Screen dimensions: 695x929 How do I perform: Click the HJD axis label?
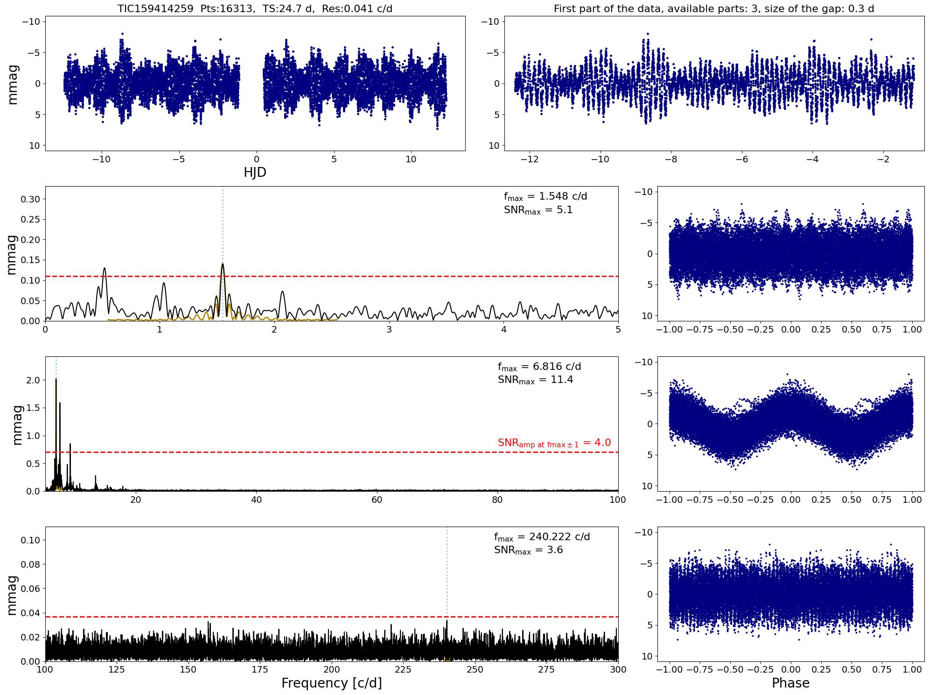coord(255,173)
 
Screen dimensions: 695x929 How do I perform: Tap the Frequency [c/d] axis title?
coord(331,683)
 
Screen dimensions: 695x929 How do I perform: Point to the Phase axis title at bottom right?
coord(790,683)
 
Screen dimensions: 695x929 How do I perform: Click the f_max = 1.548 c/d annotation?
coord(545,196)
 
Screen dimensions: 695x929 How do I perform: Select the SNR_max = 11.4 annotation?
coord(535,380)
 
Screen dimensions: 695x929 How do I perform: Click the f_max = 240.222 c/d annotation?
coord(542,537)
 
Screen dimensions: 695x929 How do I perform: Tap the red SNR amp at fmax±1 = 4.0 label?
coord(554,443)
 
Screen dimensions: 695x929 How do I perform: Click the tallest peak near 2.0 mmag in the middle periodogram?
coord(56,379)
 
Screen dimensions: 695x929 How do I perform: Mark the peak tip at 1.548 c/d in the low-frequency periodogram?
coord(223,264)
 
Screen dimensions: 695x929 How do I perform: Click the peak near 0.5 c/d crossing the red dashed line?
coord(105,268)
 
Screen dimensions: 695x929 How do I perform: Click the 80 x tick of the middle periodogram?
coord(497,500)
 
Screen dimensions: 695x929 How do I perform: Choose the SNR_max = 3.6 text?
coord(528,550)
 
